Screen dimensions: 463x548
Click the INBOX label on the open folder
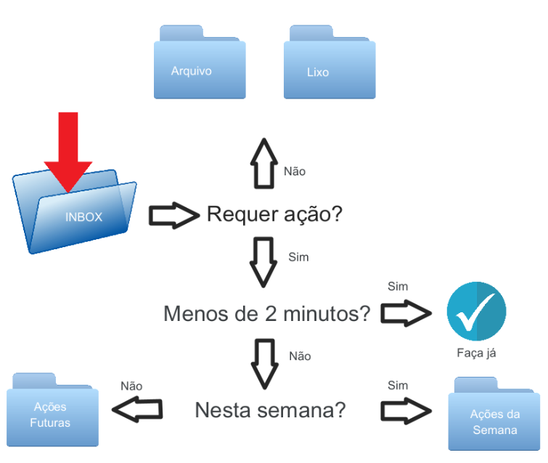[84, 217]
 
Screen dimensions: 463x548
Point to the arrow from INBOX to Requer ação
[173, 215]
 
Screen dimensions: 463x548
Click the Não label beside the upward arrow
[295, 172]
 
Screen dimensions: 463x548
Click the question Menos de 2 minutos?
[267, 314]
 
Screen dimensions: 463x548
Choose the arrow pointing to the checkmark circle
[406, 313]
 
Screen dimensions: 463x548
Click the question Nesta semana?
[270, 410]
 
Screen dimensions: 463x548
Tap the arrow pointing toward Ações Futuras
[136, 410]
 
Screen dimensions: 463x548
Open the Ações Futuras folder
[53, 413]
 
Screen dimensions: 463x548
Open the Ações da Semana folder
[494, 417]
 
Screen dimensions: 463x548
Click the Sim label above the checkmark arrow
[398, 286]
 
